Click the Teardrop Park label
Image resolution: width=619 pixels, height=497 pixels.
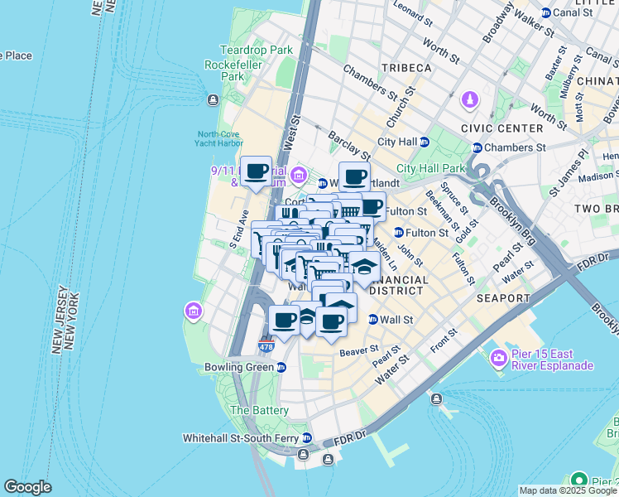[256, 50]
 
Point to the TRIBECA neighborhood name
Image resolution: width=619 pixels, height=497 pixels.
[406, 67]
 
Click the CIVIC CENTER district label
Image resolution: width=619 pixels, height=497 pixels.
[507, 128]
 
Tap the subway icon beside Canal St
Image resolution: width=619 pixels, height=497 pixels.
[545, 12]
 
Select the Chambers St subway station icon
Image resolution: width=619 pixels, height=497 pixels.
[477, 147]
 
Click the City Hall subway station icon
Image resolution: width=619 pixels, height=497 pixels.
[425, 142]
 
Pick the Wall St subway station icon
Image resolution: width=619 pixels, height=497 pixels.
[372, 319]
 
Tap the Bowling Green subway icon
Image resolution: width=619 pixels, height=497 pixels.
[281, 367]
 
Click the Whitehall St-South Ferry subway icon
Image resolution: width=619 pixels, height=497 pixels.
[306, 437]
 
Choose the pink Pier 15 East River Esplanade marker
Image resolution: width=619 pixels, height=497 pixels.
[498, 359]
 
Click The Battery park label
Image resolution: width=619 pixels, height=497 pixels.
[259, 410]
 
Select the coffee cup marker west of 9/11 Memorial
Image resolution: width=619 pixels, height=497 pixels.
[257, 171]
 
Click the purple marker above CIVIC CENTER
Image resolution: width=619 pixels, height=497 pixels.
[470, 99]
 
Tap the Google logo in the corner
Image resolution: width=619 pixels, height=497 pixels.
[28, 487]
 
